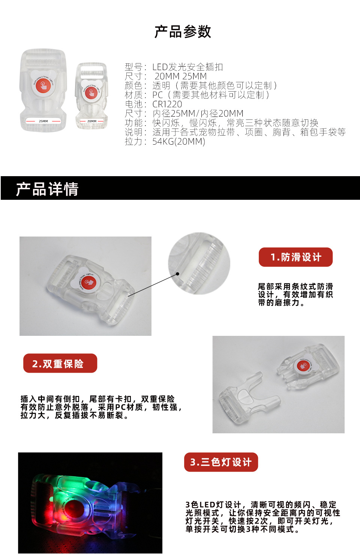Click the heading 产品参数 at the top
183,32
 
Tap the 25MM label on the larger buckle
43,121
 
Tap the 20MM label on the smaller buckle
92,121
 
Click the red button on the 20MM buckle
91,93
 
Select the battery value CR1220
167,104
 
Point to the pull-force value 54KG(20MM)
178,142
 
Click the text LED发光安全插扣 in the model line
187,67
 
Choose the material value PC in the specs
157,95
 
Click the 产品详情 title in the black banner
47,189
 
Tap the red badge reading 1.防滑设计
295,257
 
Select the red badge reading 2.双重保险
60,363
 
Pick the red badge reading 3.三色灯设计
221,462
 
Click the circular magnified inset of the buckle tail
199,263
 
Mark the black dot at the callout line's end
177,274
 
